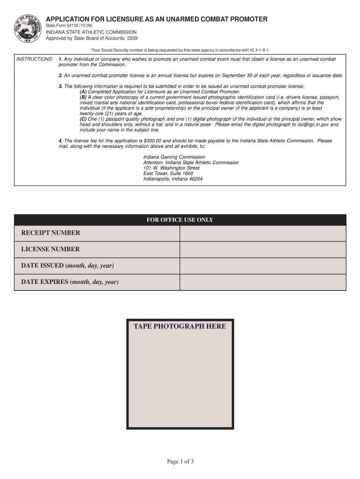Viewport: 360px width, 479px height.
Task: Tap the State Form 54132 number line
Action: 72,25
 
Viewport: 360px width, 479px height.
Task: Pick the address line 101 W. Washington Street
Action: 172,168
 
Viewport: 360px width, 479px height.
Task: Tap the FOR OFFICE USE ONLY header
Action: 180,220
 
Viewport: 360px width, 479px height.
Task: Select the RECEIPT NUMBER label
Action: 50,233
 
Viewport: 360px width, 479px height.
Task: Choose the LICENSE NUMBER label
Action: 50,249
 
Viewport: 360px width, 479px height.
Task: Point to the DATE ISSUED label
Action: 67,266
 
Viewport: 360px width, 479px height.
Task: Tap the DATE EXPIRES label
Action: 70,282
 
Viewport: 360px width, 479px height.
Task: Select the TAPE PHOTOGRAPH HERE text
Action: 180,327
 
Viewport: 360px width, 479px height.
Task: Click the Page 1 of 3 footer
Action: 180,462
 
